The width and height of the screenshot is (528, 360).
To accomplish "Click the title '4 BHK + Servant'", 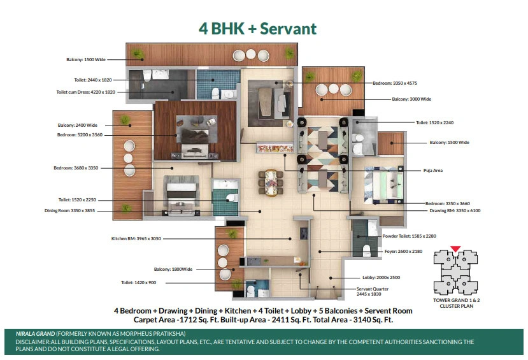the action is pos(257,29).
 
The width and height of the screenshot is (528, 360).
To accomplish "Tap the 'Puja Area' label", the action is pos(432,170).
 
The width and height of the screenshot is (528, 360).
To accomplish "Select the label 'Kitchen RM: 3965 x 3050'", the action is pos(136,238).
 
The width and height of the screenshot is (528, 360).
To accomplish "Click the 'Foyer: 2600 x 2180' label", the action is pos(403,251).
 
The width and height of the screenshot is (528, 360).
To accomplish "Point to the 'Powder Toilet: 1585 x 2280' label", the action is pos(409,236).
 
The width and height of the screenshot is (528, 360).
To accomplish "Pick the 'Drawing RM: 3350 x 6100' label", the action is pos(455,210).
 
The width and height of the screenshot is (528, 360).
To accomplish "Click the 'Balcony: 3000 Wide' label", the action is pos(411,99).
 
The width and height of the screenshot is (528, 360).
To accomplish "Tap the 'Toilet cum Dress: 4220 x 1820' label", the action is pos(86,92).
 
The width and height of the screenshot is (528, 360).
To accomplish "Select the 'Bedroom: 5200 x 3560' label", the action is pos(80,134).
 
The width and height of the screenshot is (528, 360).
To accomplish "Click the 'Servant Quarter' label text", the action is pos(373,289).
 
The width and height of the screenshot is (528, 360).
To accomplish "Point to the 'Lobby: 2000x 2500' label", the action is pos(381,278).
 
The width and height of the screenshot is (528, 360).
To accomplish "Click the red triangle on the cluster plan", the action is pos(455,249).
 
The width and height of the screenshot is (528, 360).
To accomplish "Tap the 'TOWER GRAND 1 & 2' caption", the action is pos(457,300).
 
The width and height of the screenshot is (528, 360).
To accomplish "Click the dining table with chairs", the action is pos(271,182).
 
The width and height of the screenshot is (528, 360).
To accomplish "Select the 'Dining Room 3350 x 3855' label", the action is pos(69,210).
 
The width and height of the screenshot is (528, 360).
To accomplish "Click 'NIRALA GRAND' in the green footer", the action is pos(36,334).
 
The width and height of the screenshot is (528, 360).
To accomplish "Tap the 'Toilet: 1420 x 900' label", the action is pos(139,282).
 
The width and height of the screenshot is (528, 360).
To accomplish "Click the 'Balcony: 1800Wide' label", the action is pos(173,269).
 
